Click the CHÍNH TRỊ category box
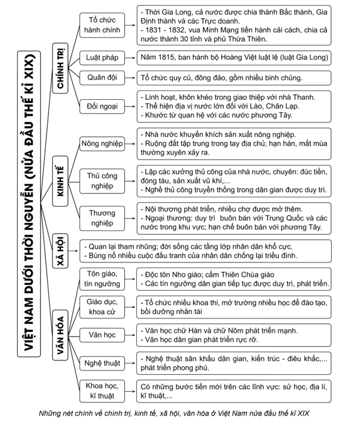[x=60, y=68]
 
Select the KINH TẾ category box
[x=60, y=181]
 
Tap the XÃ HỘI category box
[x=60, y=251]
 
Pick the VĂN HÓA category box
[x=60, y=335]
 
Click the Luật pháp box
[x=102, y=58]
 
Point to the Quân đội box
[x=102, y=78]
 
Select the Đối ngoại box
[x=102, y=106]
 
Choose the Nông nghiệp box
[x=102, y=144]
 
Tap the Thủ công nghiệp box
[x=102, y=181]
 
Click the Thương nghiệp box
[x=102, y=219]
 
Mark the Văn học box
[x=102, y=335]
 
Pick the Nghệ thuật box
[x=102, y=363]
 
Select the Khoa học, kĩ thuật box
[x=102, y=391]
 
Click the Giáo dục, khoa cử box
[x=102, y=307]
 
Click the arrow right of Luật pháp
[x=130, y=58]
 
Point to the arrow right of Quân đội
[x=130, y=78]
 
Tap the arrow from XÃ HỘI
[x=74, y=251]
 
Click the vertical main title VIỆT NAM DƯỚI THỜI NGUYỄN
[x=29, y=203]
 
